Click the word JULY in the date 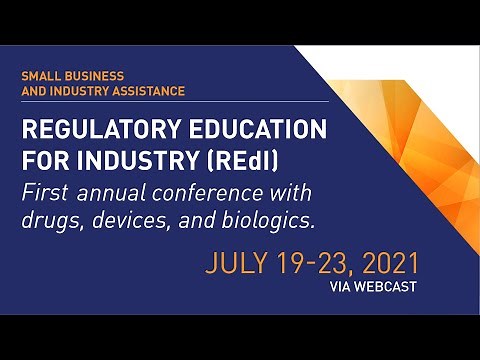pyautogui.click(x=238, y=264)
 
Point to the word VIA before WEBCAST pyautogui.click(x=341, y=286)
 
